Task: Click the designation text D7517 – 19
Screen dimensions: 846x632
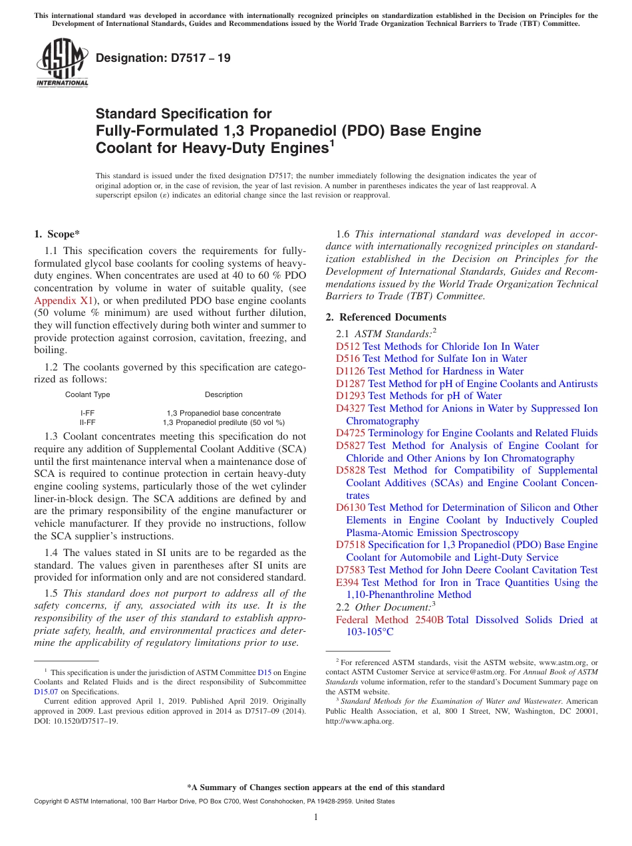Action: [164, 58]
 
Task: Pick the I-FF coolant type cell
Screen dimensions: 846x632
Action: [87, 413]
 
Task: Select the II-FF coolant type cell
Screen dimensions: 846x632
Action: [87, 422]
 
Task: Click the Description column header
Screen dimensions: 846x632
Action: [224, 394]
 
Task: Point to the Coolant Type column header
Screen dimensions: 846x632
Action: [87, 394]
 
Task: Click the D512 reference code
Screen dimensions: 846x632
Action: [347, 347]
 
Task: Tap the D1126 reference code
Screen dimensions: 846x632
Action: [350, 371]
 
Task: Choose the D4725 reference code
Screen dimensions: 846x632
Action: [351, 433]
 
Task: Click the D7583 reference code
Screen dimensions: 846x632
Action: [351, 570]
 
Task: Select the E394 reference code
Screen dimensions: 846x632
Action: [347, 583]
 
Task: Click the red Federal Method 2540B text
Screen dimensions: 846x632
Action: [390, 620]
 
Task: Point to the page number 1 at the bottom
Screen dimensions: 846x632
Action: [316, 817]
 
